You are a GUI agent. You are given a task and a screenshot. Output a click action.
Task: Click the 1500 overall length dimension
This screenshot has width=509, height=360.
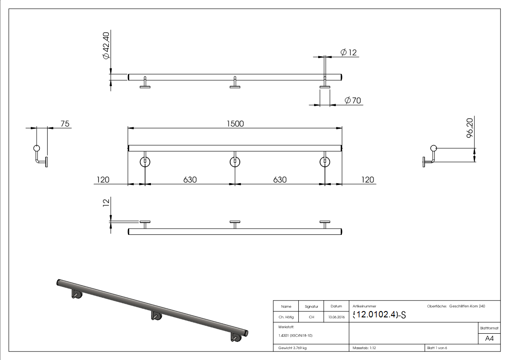[235, 123]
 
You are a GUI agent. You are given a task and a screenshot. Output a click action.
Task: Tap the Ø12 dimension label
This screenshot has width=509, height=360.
[348, 53]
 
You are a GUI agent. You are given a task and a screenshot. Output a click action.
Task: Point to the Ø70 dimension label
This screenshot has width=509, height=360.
[353, 101]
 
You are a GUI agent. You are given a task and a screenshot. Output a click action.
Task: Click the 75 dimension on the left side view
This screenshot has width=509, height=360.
[65, 123]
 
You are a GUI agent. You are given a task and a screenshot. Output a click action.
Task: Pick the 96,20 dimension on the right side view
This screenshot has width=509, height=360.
[470, 128]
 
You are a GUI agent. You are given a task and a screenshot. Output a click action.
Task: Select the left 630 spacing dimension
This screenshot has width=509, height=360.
[190, 180]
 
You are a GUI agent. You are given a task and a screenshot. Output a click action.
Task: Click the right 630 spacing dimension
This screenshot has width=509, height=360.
[280, 180]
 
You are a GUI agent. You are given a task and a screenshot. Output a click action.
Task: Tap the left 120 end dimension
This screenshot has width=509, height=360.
[102, 180]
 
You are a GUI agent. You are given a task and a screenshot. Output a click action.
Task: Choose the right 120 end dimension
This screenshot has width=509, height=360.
[368, 180]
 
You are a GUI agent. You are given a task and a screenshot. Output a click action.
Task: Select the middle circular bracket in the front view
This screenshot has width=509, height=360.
[235, 161]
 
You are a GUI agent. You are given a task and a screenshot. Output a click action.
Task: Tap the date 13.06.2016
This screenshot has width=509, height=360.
[336, 317]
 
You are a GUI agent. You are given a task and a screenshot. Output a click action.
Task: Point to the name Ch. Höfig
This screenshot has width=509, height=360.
[286, 317]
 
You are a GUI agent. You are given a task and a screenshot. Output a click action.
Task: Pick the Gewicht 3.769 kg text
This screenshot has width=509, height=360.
[293, 348]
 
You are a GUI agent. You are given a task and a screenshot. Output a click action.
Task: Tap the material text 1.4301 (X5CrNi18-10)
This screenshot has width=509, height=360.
[296, 336]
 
